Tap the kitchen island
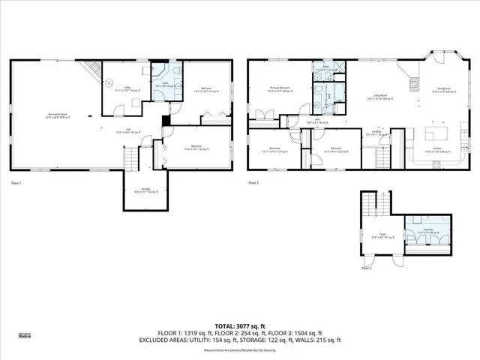(436, 134)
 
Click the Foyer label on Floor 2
(382, 235)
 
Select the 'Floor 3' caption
(253, 183)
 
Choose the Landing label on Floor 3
(375, 135)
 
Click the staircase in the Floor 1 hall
(131, 158)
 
